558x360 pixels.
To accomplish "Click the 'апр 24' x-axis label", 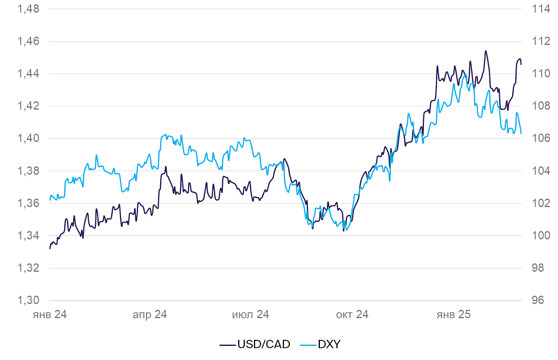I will [150, 315].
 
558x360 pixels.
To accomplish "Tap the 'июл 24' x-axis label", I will [251, 315].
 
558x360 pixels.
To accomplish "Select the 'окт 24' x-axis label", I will [352, 315].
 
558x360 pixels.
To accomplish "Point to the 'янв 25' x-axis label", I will [453, 315].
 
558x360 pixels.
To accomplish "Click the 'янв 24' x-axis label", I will [50, 315].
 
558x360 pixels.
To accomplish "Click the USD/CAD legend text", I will [263, 344].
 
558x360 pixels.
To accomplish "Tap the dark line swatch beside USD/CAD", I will [228, 344].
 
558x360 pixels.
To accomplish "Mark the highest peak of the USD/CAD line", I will [485, 51].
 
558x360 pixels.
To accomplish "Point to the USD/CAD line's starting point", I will [50, 248].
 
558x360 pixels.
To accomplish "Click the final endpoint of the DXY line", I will [521, 133].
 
